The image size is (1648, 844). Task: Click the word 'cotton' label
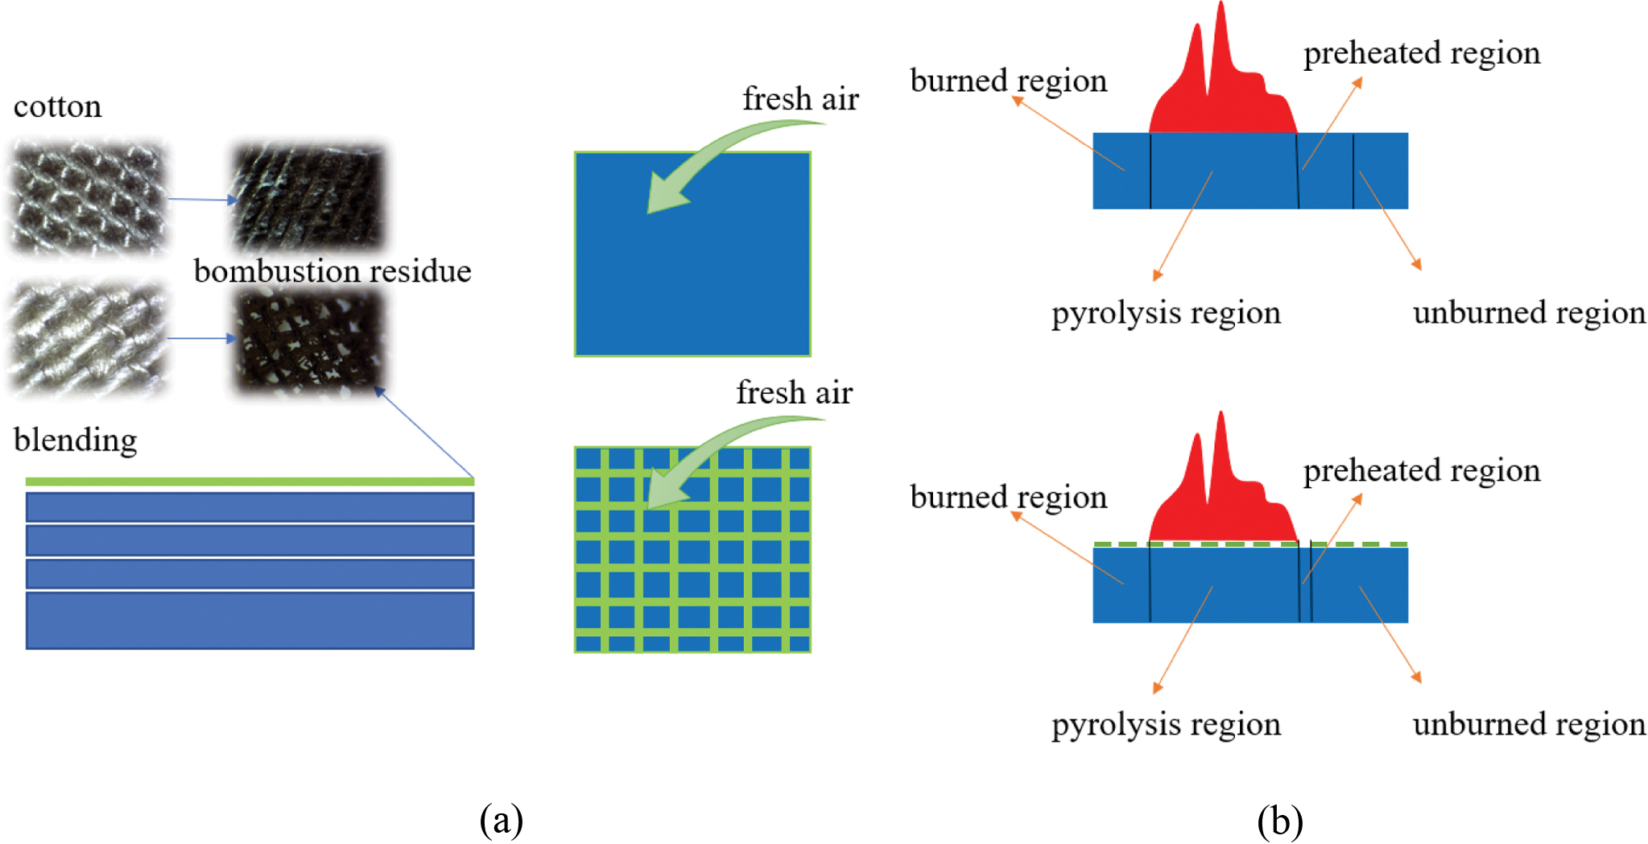[x=58, y=106]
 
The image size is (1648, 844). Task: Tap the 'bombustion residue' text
[x=332, y=271]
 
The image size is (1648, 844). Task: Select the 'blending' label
[x=76, y=441]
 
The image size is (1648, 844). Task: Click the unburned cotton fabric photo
[x=89, y=198]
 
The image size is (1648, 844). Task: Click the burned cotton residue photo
[x=308, y=198]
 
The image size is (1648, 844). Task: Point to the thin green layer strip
[x=250, y=482]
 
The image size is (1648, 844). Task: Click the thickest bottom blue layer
[x=250, y=620]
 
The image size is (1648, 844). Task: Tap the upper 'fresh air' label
[x=800, y=99]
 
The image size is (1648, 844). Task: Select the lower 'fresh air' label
[x=794, y=393]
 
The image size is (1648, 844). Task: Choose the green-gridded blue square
[x=692, y=549]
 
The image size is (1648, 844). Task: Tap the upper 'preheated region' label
[x=1422, y=53]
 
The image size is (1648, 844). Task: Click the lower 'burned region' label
[x=1009, y=497]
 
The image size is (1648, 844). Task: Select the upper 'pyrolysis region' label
[x=1166, y=312]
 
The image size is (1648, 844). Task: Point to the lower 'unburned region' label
[x=1529, y=724]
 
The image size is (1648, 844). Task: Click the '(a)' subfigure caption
[x=501, y=820]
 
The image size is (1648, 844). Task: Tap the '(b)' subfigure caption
[x=1280, y=820]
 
